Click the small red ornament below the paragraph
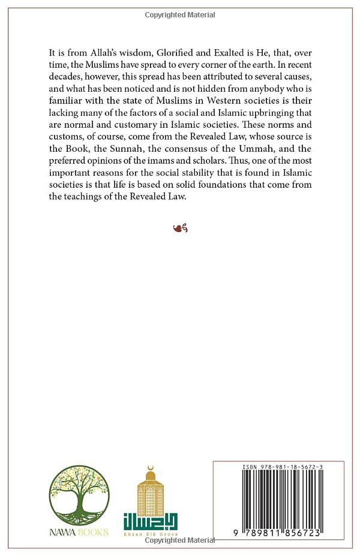click(180, 229)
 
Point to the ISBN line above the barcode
click(279, 466)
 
